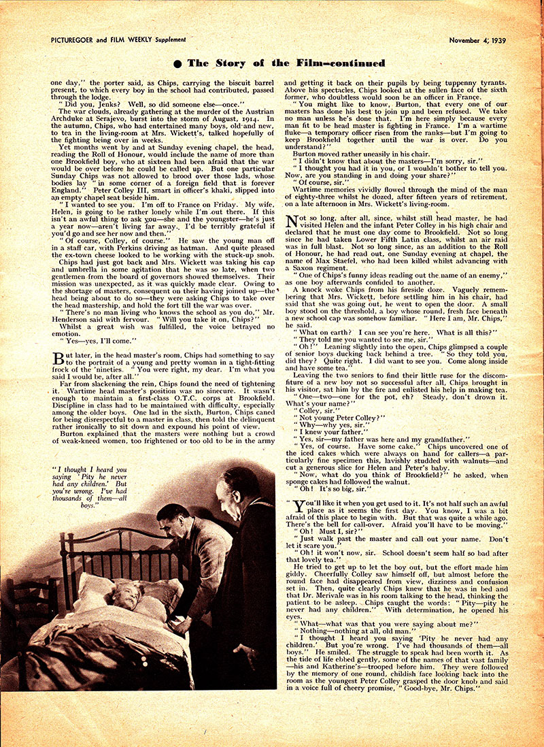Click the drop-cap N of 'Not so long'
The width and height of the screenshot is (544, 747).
(293, 220)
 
